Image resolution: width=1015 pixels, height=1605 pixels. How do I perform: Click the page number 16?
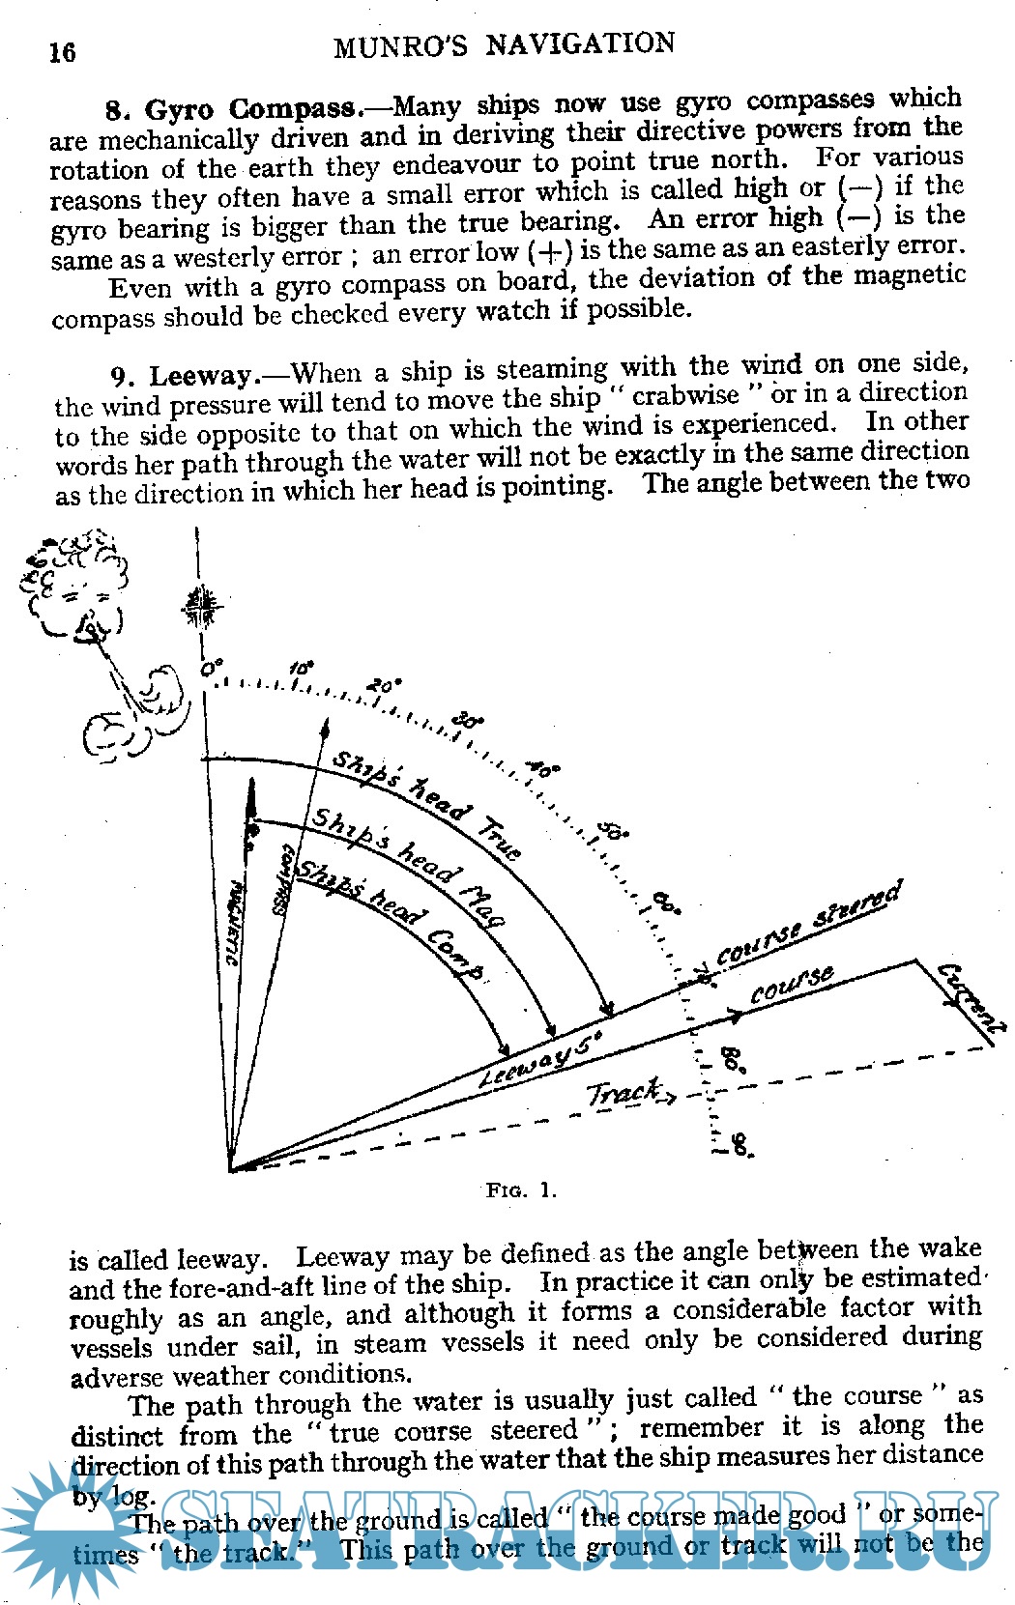(63, 52)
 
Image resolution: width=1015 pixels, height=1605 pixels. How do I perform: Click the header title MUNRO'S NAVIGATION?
(504, 45)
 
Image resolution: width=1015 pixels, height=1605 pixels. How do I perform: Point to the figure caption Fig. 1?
(521, 1189)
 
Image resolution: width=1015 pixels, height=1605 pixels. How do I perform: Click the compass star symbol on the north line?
(201, 608)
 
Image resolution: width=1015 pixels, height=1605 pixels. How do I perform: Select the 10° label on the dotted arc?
(301, 669)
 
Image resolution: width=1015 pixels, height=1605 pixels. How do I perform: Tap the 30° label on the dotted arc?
(469, 721)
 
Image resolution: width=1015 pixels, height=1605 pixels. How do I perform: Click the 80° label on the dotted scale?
(733, 1060)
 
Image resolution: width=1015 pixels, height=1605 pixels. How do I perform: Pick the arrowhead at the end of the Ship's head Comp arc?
(505, 1049)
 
